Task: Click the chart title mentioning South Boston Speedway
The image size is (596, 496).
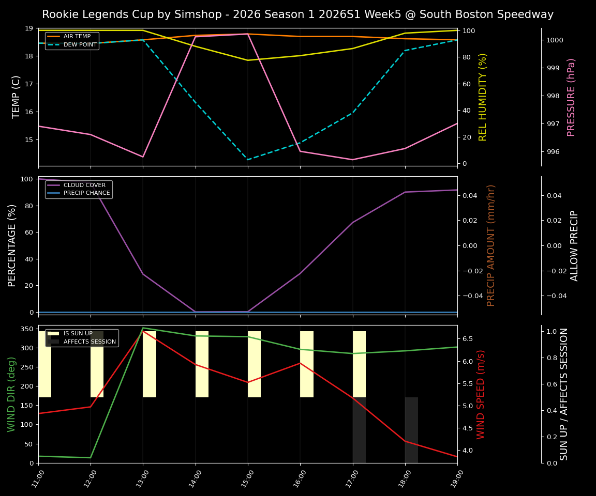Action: click(x=297, y=14)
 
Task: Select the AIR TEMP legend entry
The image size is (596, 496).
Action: click(x=77, y=37)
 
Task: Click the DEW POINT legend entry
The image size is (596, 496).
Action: click(x=80, y=45)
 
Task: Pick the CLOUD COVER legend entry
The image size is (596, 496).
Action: click(x=84, y=185)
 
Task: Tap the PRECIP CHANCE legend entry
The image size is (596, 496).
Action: click(x=86, y=193)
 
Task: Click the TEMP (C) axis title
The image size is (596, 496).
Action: click(x=17, y=97)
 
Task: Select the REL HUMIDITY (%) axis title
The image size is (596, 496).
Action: click(x=483, y=97)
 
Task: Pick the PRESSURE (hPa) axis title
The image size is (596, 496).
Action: click(x=571, y=97)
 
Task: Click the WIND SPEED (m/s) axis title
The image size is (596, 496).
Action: click(x=481, y=394)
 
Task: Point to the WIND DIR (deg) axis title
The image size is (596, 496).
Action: click(x=11, y=394)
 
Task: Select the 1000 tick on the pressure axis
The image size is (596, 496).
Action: click(x=555, y=40)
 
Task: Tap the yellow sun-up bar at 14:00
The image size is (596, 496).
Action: click(x=202, y=364)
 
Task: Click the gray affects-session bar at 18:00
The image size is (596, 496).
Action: click(x=411, y=430)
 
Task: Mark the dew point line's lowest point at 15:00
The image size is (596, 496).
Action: click(x=248, y=160)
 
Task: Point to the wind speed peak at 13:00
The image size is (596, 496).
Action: click(x=143, y=331)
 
